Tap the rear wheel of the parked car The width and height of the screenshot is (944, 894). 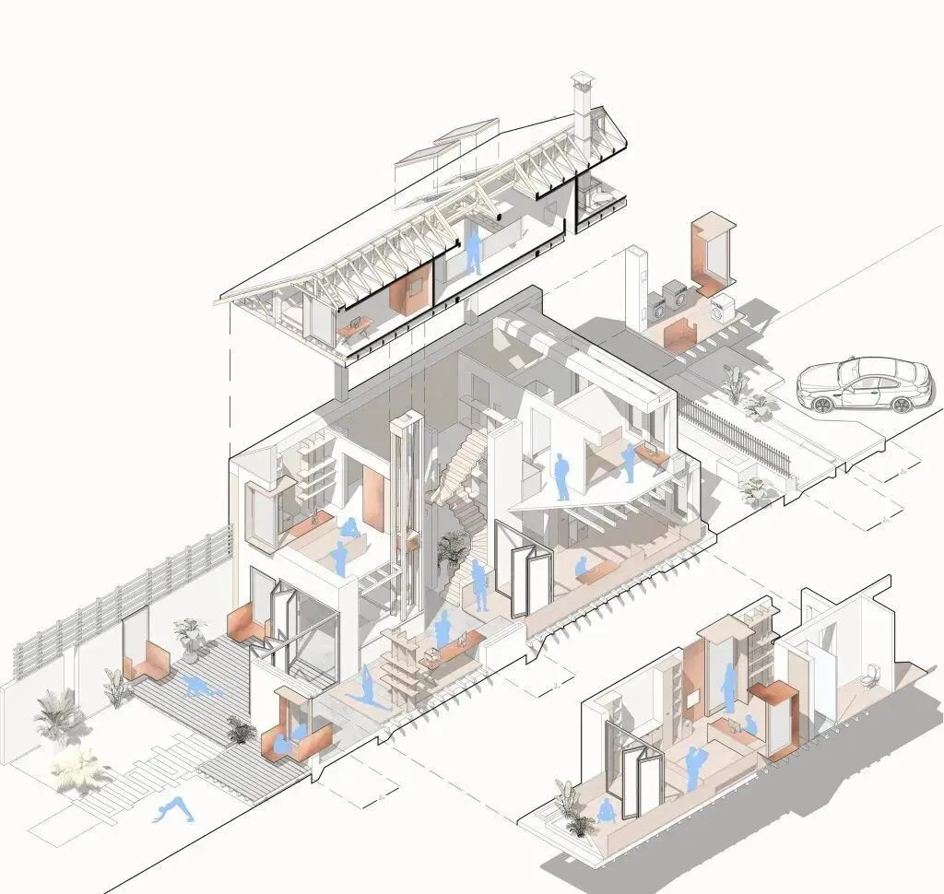click(x=901, y=405)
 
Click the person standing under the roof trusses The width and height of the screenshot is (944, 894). click(x=473, y=250)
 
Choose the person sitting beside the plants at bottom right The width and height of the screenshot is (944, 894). click(x=608, y=811)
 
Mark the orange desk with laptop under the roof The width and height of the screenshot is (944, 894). click(x=356, y=325)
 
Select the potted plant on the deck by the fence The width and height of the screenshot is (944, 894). click(x=190, y=635)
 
